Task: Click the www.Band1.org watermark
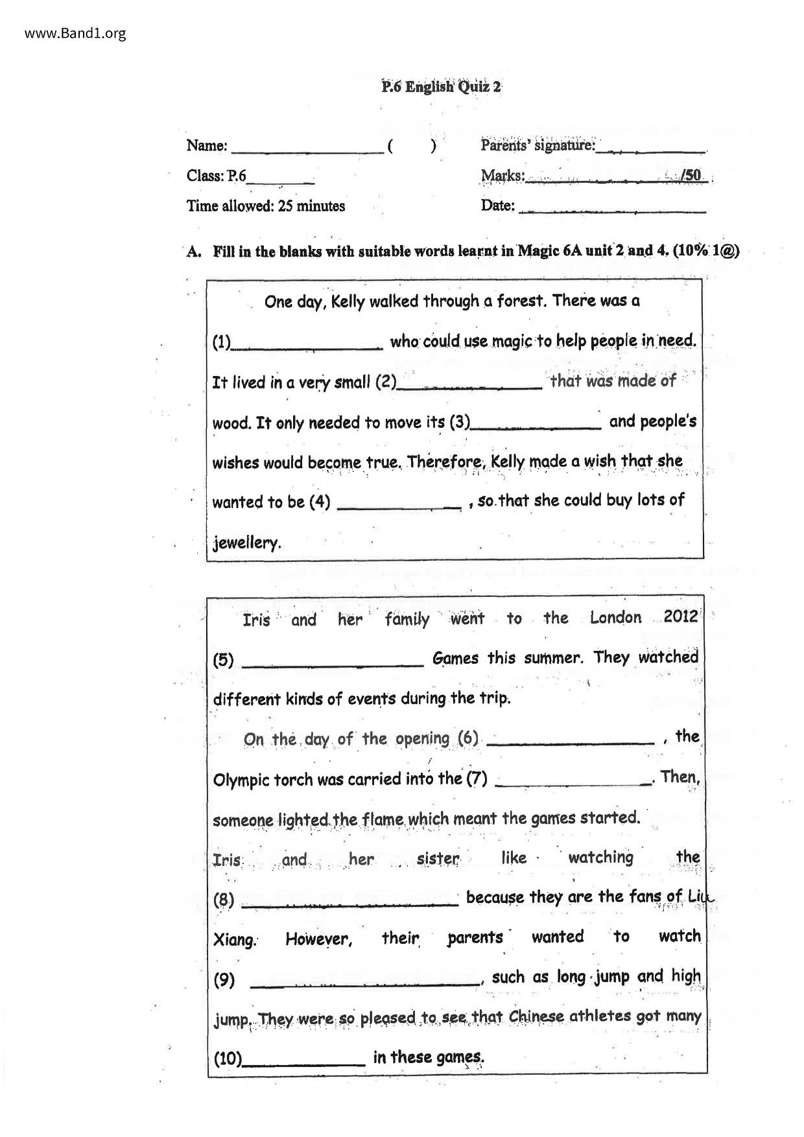75,33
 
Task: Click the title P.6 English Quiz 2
441,87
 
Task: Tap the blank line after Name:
307,149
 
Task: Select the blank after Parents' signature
650,149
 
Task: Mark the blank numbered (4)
399,506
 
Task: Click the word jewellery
246,542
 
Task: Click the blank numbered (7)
573,782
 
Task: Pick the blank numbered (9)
365,982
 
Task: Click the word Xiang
235,940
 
